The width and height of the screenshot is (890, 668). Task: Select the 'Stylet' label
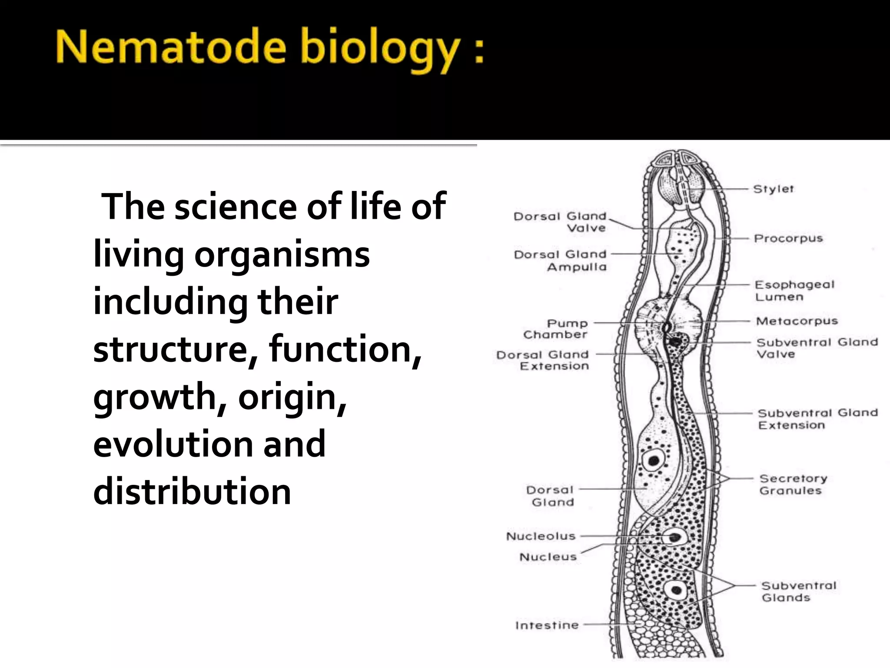(773, 189)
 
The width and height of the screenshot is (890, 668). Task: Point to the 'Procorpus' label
(788, 238)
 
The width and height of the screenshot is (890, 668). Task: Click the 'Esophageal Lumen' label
(794, 291)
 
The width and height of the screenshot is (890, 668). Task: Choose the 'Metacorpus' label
(797, 321)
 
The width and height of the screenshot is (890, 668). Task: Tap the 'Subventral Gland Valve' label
(817, 348)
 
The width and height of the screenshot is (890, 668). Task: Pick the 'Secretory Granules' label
(793, 484)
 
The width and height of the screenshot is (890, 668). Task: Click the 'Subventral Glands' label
(798, 591)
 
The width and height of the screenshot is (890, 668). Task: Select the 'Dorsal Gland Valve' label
(560, 222)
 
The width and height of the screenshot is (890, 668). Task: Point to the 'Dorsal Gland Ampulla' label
(560, 260)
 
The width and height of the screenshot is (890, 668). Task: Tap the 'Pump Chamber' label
(556, 329)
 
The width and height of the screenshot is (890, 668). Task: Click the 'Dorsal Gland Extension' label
(543, 361)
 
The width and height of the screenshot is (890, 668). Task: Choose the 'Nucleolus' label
(541, 536)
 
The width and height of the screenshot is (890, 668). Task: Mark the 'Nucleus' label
(548, 557)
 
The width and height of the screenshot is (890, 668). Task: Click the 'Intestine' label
(547, 625)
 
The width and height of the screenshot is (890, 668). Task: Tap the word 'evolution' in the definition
(173, 444)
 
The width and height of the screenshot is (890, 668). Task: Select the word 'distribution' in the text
(192, 491)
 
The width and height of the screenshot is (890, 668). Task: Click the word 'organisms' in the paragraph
(282, 254)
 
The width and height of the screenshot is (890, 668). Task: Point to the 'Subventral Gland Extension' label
(818, 419)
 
